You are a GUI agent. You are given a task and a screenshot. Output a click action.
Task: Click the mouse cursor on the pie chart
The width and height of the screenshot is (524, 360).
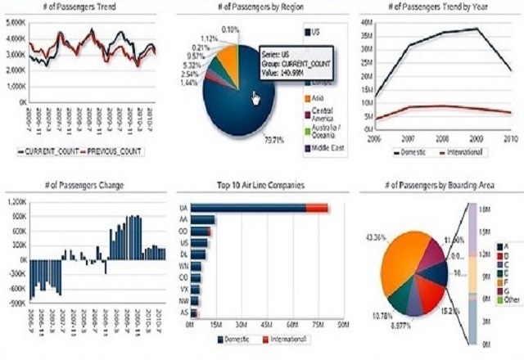[255, 98]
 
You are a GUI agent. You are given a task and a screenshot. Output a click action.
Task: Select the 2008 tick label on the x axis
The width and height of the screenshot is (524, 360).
[443, 138]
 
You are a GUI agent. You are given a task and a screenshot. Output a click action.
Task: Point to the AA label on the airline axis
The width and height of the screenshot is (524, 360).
[183, 219]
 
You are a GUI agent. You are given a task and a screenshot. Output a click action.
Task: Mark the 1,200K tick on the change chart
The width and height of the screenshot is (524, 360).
[16, 201]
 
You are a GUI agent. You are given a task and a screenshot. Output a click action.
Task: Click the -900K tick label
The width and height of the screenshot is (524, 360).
[16, 303]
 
